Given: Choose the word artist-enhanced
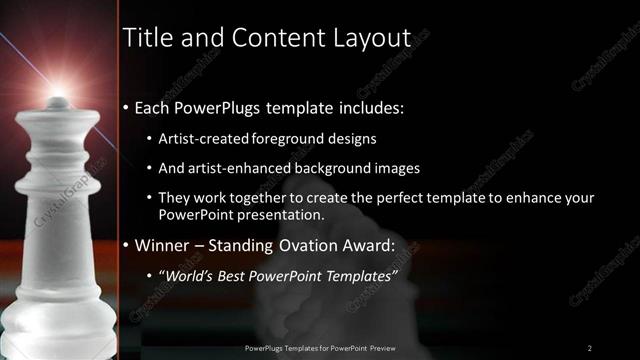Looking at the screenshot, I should click(238, 168).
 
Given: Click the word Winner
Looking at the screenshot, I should click(163, 245).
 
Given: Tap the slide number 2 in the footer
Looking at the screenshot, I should click(590, 347).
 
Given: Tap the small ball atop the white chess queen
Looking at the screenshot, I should click(58, 102).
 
